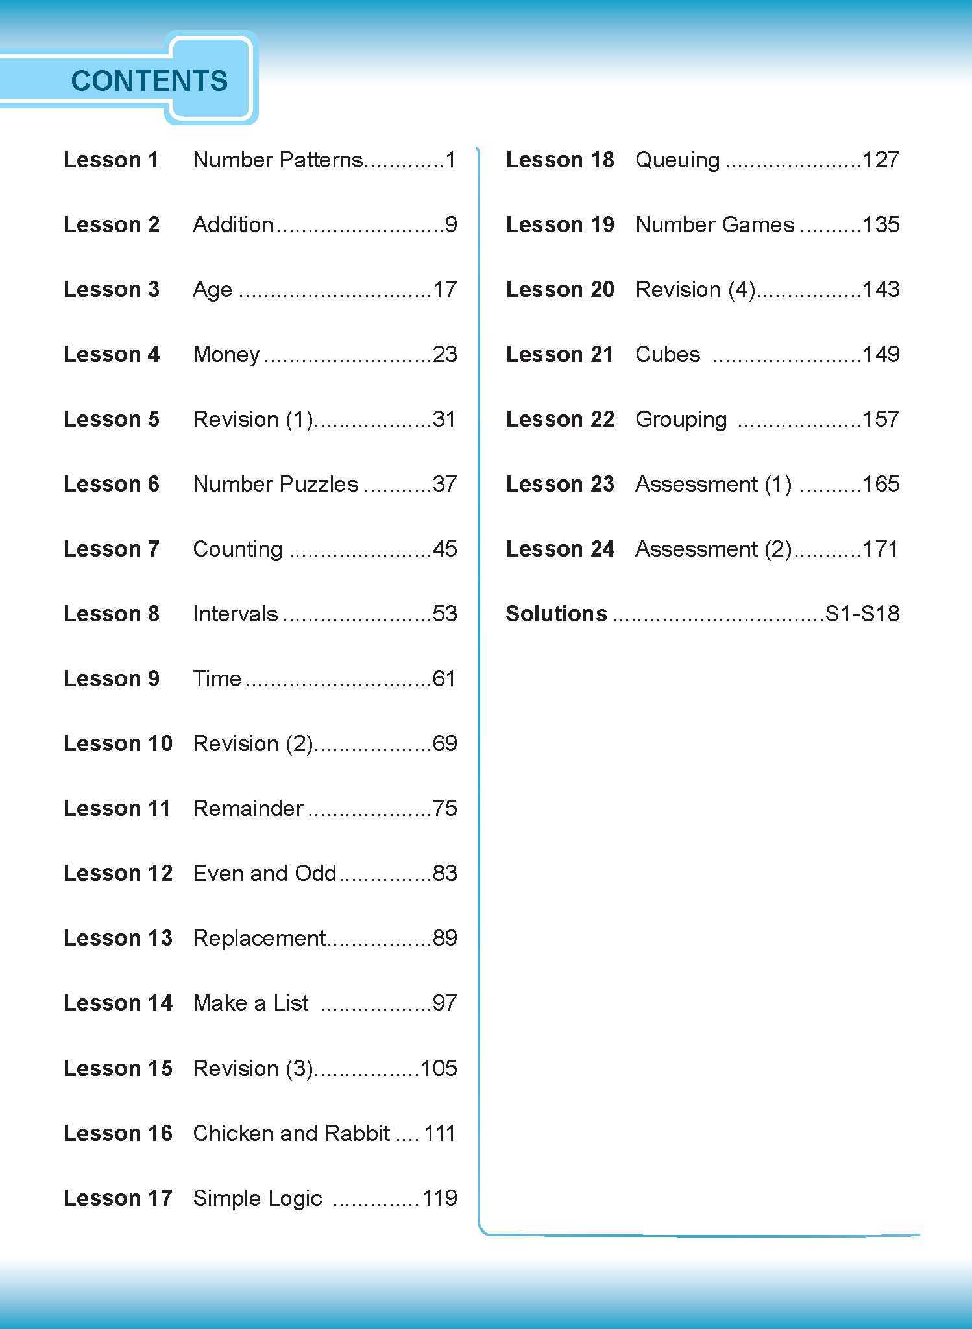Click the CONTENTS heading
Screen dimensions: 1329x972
coord(149,81)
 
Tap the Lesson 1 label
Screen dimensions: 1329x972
coord(111,160)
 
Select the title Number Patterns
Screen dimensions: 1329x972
coord(278,160)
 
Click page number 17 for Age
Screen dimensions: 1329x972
coord(444,289)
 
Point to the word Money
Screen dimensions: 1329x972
coord(226,354)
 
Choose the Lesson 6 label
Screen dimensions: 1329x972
coord(111,484)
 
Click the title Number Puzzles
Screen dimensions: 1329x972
coord(276,484)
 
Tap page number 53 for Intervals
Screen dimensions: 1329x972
coord(444,614)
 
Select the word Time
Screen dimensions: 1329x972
coord(217,678)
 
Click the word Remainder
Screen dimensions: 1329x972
coord(248,808)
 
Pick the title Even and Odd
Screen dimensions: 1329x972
coord(265,873)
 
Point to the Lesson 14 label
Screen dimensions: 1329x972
coord(118,1003)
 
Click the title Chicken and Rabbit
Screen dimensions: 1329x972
coord(291,1133)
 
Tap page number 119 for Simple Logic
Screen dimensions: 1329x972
coord(439,1198)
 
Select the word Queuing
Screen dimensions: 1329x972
coord(677,160)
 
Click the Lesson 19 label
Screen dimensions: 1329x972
coord(560,224)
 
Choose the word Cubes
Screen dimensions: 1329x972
coord(668,354)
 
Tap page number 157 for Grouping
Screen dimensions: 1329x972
coord(881,419)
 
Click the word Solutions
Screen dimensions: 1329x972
coord(556,614)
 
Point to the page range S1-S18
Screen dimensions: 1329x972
coord(862,614)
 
